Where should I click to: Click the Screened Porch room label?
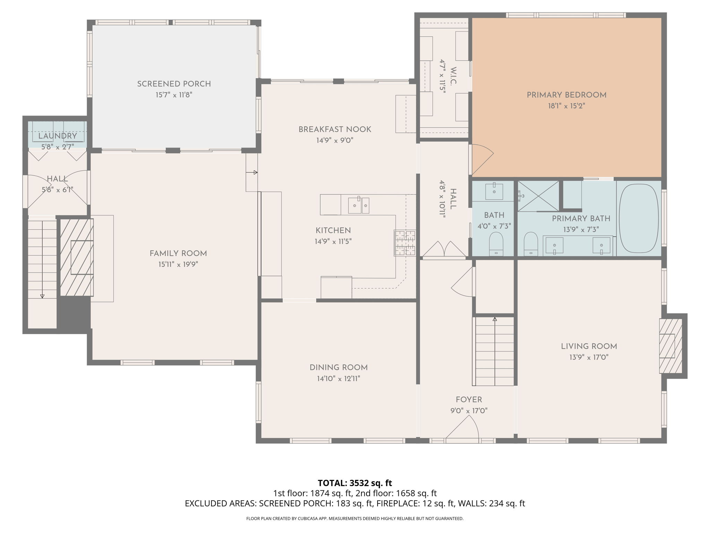tap(174, 84)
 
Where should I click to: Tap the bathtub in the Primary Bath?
tap(639, 218)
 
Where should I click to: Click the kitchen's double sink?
tap(358, 205)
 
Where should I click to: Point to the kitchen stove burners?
tap(405, 243)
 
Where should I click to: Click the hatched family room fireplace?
tap(77, 257)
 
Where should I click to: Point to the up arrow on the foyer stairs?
tap(495, 319)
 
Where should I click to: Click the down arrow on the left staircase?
tap(42, 296)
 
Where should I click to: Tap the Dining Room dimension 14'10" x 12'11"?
tap(338, 379)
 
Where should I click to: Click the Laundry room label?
tap(57, 136)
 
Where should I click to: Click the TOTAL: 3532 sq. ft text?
tap(355, 483)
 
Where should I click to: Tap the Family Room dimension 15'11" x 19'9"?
tap(178, 264)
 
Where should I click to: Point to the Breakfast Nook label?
tap(335, 129)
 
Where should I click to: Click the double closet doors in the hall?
tap(444, 249)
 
